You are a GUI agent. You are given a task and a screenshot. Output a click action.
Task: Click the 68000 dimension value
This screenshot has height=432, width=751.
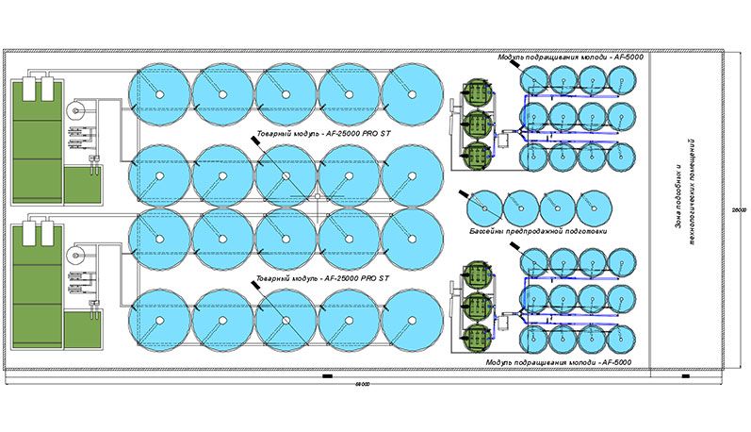tap(362, 385)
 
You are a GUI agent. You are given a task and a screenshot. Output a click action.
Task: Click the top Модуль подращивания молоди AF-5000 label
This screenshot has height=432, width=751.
tap(566, 58)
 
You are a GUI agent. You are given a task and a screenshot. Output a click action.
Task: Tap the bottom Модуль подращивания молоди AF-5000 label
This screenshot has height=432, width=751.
tap(557, 363)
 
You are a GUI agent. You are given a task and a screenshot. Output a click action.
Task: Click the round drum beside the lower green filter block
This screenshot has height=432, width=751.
tap(76, 255)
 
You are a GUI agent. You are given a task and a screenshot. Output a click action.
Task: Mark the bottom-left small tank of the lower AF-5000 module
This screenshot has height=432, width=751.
tap(535, 337)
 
